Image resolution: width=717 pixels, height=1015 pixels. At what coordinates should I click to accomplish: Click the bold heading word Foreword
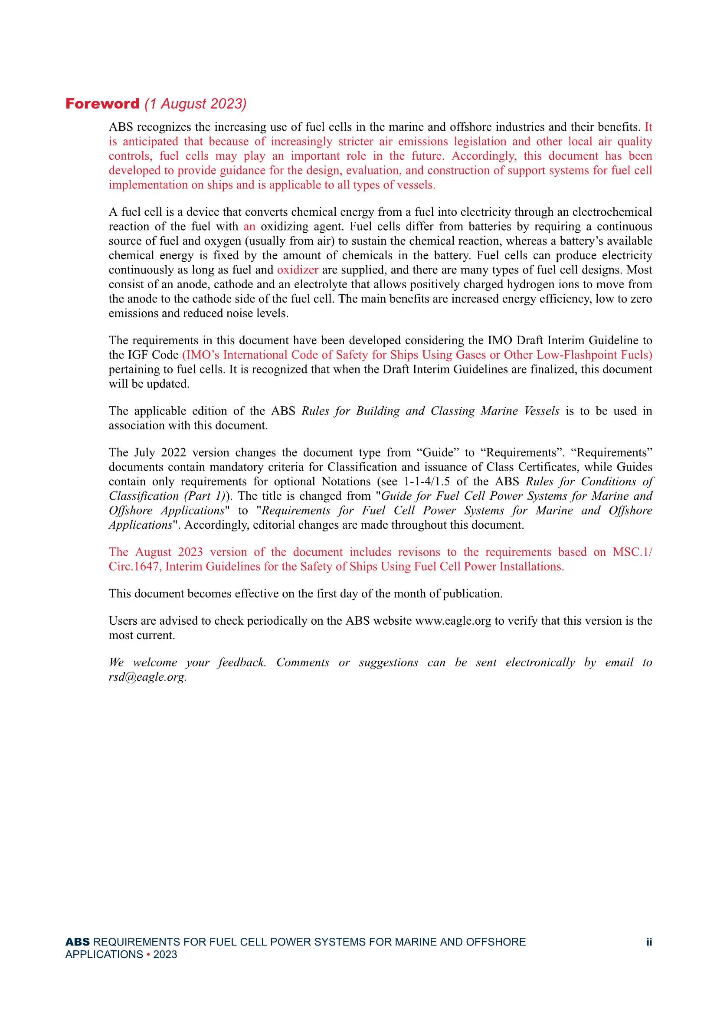click(x=102, y=104)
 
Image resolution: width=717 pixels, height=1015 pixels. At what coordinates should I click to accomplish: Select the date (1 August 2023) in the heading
click(x=195, y=104)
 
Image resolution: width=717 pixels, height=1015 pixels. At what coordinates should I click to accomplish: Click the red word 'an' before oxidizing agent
click(x=249, y=227)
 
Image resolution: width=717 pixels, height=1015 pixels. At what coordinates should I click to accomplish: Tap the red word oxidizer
click(x=297, y=270)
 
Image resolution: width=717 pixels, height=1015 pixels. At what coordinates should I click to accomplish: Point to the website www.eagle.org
click(x=453, y=621)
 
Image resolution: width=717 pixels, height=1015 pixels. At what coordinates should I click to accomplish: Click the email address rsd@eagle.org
click(x=147, y=677)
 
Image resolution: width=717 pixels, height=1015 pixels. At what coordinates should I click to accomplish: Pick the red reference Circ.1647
click(x=134, y=567)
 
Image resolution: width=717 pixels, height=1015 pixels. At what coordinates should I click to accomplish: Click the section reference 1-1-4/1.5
click(x=427, y=481)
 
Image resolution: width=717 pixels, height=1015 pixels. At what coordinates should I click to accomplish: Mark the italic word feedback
click(x=242, y=662)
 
